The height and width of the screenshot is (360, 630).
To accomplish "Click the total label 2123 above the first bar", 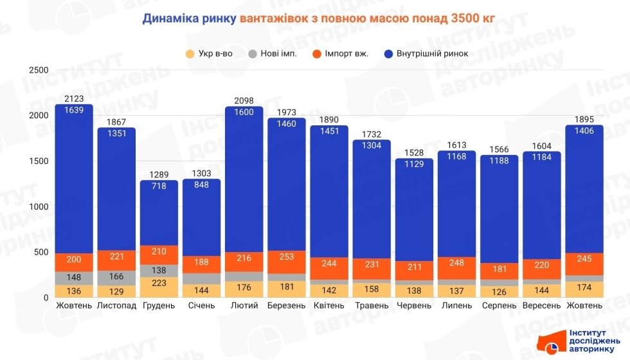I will coord(74,98).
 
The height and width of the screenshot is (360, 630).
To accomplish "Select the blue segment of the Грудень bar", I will coord(159,212).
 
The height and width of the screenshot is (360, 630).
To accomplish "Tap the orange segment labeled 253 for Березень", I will coord(287,257).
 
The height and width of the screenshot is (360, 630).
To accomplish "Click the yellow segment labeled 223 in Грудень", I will coord(159,283).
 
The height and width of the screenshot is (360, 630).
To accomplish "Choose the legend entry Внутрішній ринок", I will coord(426,53).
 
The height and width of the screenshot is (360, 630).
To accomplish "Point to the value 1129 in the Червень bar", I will coord(414,165).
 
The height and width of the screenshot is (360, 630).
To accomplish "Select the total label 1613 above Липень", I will coord(456,145).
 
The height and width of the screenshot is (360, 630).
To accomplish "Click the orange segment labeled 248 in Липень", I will coord(456,263).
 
